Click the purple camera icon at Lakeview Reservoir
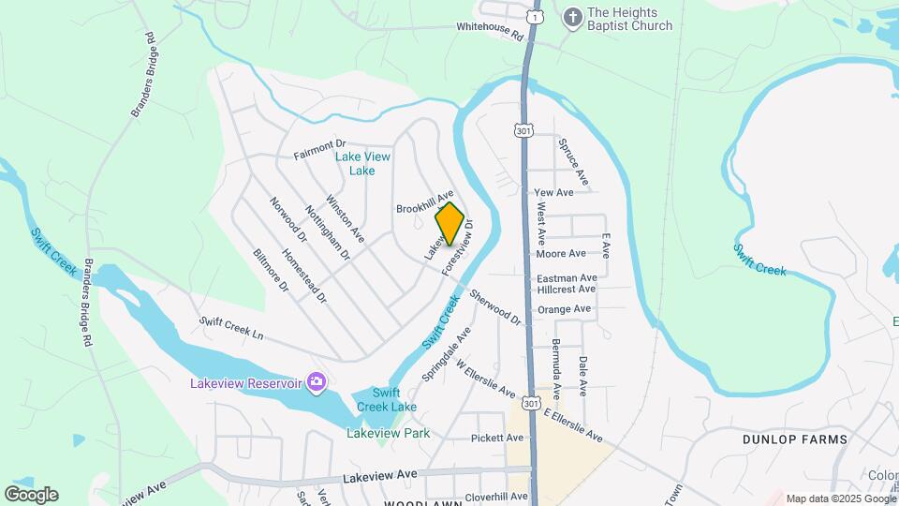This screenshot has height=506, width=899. click(317, 381)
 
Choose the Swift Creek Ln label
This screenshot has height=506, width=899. click(231, 327)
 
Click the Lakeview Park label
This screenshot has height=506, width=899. click(388, 434)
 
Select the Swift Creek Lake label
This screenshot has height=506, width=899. click(387, 399)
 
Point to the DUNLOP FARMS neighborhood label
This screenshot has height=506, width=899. click(794, 439)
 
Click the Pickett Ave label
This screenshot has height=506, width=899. click(496, 438)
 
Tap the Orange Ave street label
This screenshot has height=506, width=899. click(564, 308)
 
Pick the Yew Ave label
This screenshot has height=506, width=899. click(553, 192)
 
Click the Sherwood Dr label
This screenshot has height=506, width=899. click(495, 307)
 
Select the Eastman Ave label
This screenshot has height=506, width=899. click(567, 278)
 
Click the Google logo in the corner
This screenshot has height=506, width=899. click(31, 495)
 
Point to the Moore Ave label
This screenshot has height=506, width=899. click(561, 253)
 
